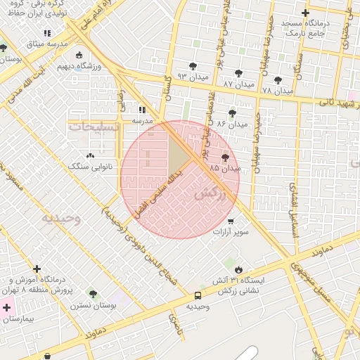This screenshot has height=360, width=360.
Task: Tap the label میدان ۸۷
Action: (238, 84)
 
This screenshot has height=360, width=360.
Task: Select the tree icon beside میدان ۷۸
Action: (278, 81)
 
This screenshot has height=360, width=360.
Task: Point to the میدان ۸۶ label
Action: (232, 124)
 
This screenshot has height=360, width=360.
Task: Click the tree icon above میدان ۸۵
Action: (225, 158)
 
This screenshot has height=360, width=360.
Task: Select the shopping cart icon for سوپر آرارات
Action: (230, 221)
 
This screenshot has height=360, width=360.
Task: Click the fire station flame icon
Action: (238, 269)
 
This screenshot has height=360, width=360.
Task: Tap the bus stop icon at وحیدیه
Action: (198, 295)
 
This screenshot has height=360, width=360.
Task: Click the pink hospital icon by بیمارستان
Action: (7, 307)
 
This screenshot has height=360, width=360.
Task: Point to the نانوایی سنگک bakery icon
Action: (89, 155)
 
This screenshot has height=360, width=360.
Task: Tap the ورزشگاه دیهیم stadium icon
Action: (79, 56)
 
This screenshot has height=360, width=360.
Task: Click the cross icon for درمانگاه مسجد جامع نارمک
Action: (304, 13)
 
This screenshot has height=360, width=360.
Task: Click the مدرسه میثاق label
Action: (47, 44)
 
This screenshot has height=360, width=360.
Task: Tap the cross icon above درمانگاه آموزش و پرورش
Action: (37, 268)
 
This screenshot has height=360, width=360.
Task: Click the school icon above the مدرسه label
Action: (142, 110)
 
